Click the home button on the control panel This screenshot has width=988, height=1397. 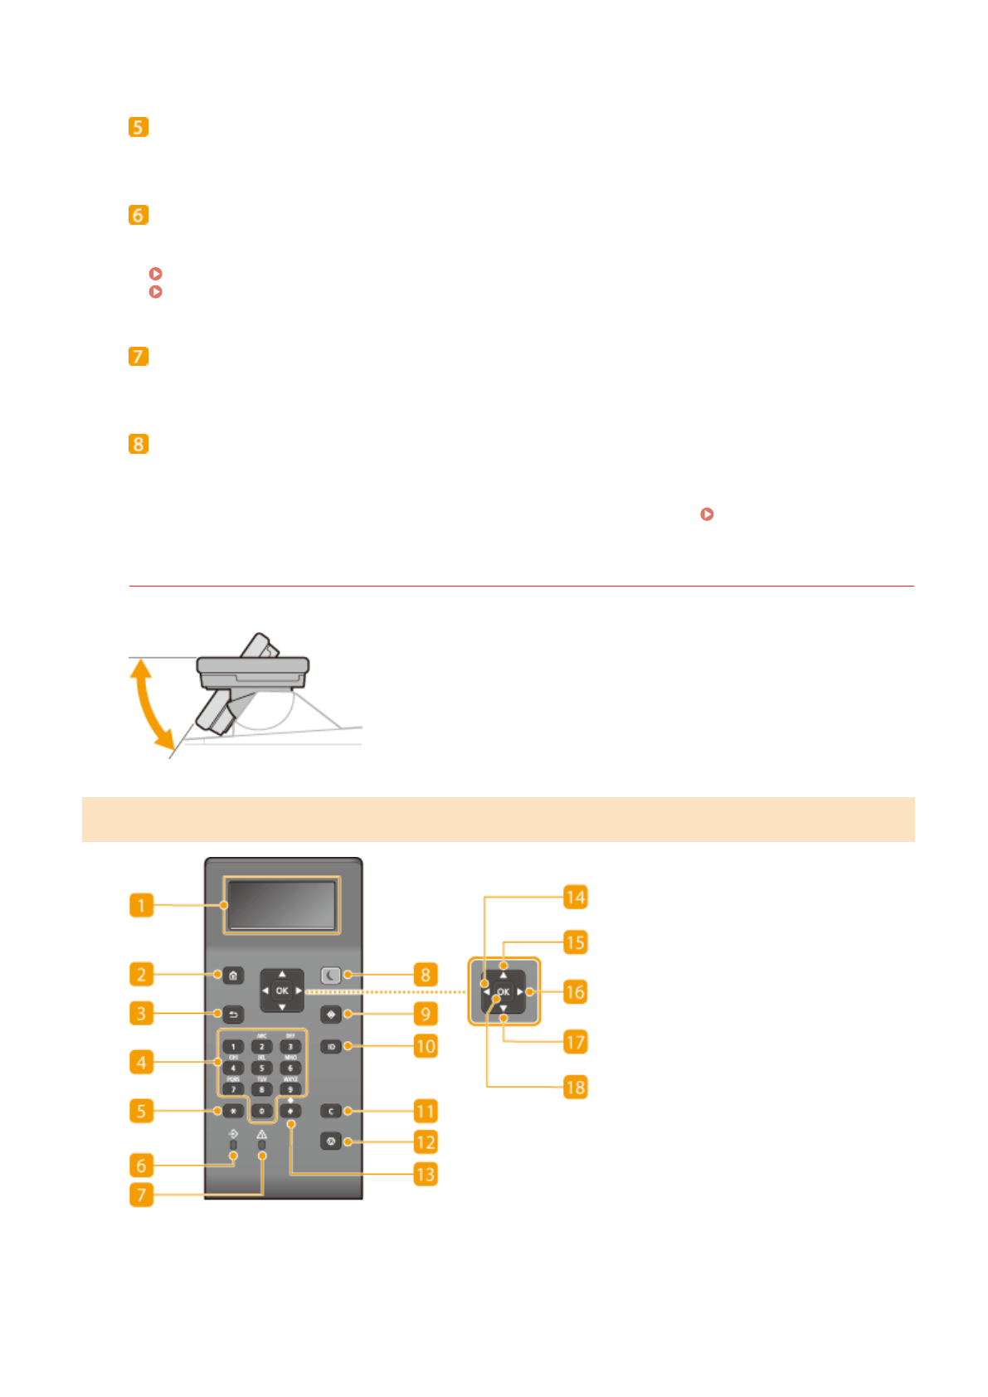tap(233, 975)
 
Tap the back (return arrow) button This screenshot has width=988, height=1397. tap(233, 1014)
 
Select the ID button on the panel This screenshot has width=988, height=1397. tap(330, 1047)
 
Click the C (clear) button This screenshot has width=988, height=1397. tap(330, 1111)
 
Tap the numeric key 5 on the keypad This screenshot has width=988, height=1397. tap(261, 1068)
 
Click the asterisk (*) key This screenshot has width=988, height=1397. tap(233, 1111)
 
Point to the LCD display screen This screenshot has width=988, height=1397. tap(282, 904)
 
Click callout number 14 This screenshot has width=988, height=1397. tap(575, 897)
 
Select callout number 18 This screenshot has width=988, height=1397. tap(575, 1087)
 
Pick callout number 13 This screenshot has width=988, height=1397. tap(425, 1174)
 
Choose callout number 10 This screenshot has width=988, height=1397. tap(425, 1046)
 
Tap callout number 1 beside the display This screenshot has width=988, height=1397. tap(141, 904)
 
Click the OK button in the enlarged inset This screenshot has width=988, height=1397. tap(503, 991)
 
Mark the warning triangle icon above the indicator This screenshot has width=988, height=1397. tap(262, 1133)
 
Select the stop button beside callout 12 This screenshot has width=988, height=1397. tap(330, 1142)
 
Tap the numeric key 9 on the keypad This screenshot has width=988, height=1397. tap(290, 1089)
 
